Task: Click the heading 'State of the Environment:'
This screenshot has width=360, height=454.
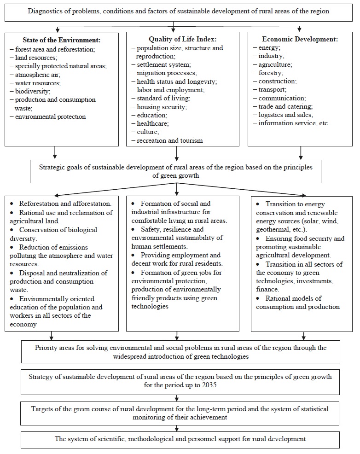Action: click(62, 40)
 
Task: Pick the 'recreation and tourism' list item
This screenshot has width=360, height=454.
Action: click(169, 140)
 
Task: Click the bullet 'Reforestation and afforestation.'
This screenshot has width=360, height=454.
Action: click(64, 203)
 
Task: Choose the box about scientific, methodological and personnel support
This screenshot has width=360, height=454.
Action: click(180, 439)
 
